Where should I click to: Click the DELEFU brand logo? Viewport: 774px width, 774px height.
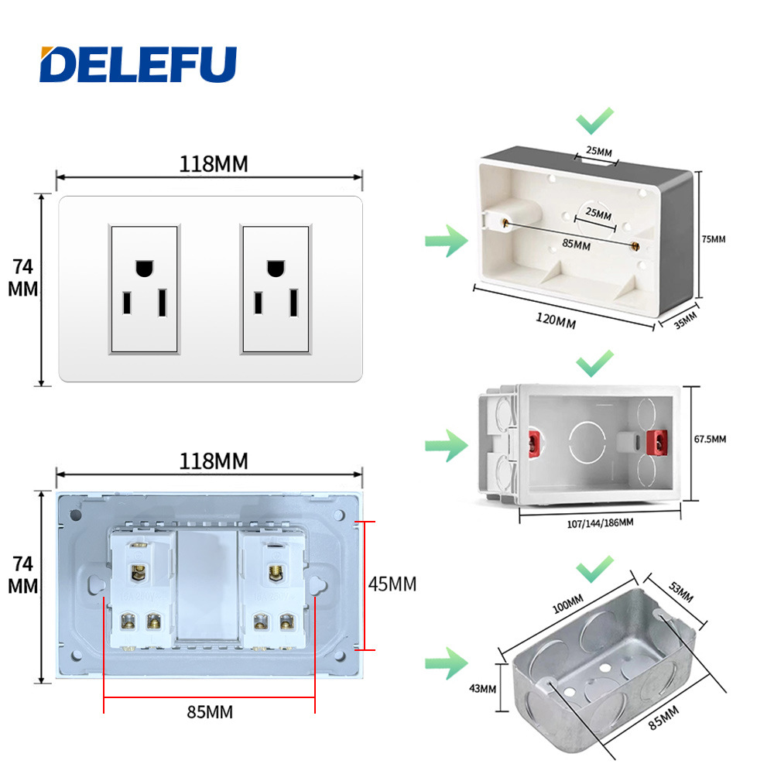(139, 64)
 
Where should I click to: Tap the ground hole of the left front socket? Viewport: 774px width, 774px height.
(144, 268)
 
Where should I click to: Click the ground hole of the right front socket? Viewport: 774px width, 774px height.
(276, 268)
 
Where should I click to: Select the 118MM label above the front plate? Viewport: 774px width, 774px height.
(214, 164)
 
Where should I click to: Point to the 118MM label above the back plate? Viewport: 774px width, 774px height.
(214, 461)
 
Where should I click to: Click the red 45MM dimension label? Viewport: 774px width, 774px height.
(392, 584)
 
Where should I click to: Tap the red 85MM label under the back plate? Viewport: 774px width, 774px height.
(210, 712)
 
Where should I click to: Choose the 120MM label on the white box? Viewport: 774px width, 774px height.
(556, 320)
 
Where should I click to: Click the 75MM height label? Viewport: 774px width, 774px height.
(714, 239)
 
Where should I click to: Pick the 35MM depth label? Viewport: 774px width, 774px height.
(686, 320)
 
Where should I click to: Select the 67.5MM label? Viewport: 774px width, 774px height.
(710, 439)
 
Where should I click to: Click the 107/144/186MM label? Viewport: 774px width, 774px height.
(600, 522)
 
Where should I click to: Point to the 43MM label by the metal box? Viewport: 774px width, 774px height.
(482, 688)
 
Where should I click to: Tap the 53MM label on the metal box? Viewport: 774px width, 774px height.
(680, 592)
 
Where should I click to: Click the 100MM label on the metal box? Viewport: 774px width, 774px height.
(567, 604)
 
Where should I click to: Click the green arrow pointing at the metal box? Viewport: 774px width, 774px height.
(447, 663)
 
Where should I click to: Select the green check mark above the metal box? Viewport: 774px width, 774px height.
(594, 569)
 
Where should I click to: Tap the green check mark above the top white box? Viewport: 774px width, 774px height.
(594, 121)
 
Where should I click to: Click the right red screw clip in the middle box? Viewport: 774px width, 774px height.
(657, 443)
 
